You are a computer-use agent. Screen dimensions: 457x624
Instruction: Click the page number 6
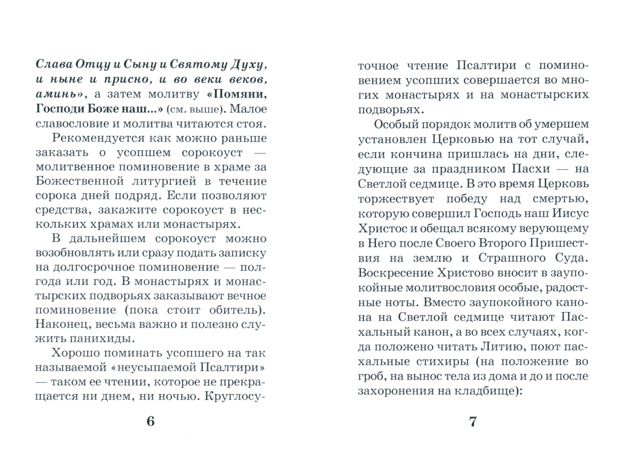[x=150, y=421]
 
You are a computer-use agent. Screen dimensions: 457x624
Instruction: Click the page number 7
[x=473, y=421]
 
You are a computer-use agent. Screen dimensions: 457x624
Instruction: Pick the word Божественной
[x=74, y=181]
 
